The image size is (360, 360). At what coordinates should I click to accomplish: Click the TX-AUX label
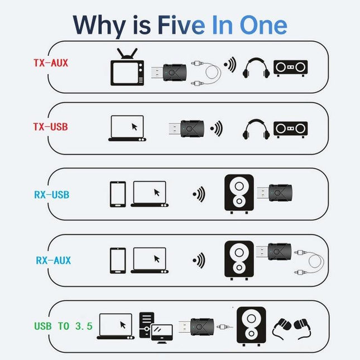click(x=51, y=63)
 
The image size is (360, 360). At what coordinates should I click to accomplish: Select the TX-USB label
click(x=50, y=127)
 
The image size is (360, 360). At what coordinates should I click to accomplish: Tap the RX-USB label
click(x=51, y=195)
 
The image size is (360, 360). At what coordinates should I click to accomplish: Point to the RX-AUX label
click(x=53, y=260)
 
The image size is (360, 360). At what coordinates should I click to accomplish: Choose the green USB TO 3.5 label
click(x=63, y=326)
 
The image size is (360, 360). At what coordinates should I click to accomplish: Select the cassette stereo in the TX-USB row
click(x=291, y=129)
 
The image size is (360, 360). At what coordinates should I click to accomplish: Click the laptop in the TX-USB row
click(x=127, y=128)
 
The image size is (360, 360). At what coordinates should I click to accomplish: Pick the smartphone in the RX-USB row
click(x=118, y=194)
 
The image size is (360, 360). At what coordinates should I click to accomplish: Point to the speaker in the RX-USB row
click(x=238, y=193)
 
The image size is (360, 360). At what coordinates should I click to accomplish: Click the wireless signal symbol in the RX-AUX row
click(x=199, y=260)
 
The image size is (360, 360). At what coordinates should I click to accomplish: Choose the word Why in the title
click(x=99, y=25)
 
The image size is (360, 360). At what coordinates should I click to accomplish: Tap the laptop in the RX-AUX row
click(x=149, y=259)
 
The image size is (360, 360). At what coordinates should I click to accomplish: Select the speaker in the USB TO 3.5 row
click(x=248, y=325)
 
